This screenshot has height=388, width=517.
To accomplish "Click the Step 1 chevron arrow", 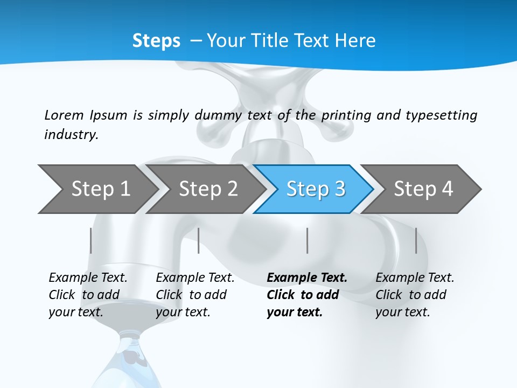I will coord(97,189).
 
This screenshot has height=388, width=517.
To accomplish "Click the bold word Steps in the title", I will coord(156,41).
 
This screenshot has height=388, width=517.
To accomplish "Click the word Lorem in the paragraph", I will coord(64,115).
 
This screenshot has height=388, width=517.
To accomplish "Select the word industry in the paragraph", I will coord(71,135).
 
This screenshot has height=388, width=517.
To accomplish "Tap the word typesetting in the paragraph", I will coord(441,115).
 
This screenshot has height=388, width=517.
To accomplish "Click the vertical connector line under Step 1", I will coord(91,240).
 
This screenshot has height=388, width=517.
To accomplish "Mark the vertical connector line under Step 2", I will coord(199,240).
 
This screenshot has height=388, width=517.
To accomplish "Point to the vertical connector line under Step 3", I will coord(308,240).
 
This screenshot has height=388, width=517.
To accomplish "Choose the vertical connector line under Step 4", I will coord(416,240).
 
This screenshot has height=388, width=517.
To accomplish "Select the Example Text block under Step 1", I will coord(88,295).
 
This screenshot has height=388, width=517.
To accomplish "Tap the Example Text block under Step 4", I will coord(415,295).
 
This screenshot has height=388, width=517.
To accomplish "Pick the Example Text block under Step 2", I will coord(195,295).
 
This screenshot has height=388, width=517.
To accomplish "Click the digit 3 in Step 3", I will coord(339,189).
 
